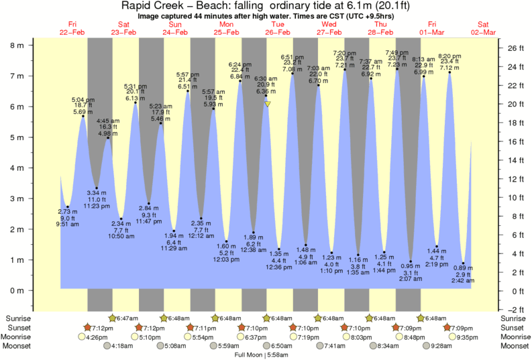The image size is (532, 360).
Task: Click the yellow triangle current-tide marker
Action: click(268, 104)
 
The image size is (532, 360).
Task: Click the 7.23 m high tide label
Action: click(398, 64)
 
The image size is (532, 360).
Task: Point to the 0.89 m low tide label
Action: click(464, 268)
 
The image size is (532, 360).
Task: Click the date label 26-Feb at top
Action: click(277, 32)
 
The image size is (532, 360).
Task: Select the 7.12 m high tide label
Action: click(449, 68)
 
